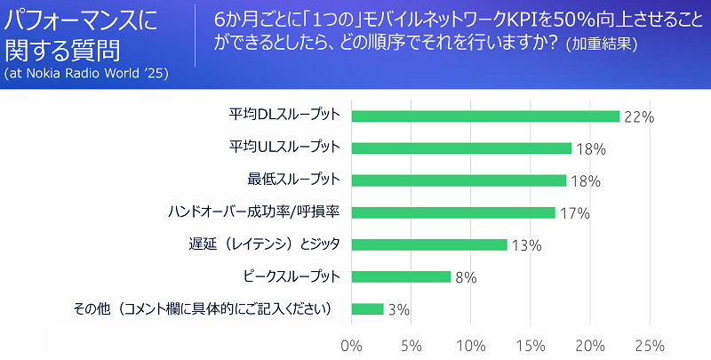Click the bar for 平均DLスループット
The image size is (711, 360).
tap(485, 116)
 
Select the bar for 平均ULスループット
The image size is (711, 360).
tap(461, 148)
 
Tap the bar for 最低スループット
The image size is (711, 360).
tap(459, 180)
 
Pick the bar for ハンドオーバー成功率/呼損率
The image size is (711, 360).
tap(453, 212)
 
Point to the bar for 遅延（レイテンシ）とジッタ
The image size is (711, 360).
tap(429, 244)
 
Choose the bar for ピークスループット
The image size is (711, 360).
tap(401, 276)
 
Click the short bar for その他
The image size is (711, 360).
tap(368, 309)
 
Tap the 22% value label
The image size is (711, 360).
tap(638, 116)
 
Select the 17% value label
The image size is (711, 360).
tap(574, 213)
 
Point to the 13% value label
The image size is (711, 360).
tap(526, 245)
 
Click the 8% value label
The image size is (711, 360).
tap(466, 277)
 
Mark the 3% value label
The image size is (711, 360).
tap(398, 310)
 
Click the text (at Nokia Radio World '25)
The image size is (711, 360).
tap(86, 72)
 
